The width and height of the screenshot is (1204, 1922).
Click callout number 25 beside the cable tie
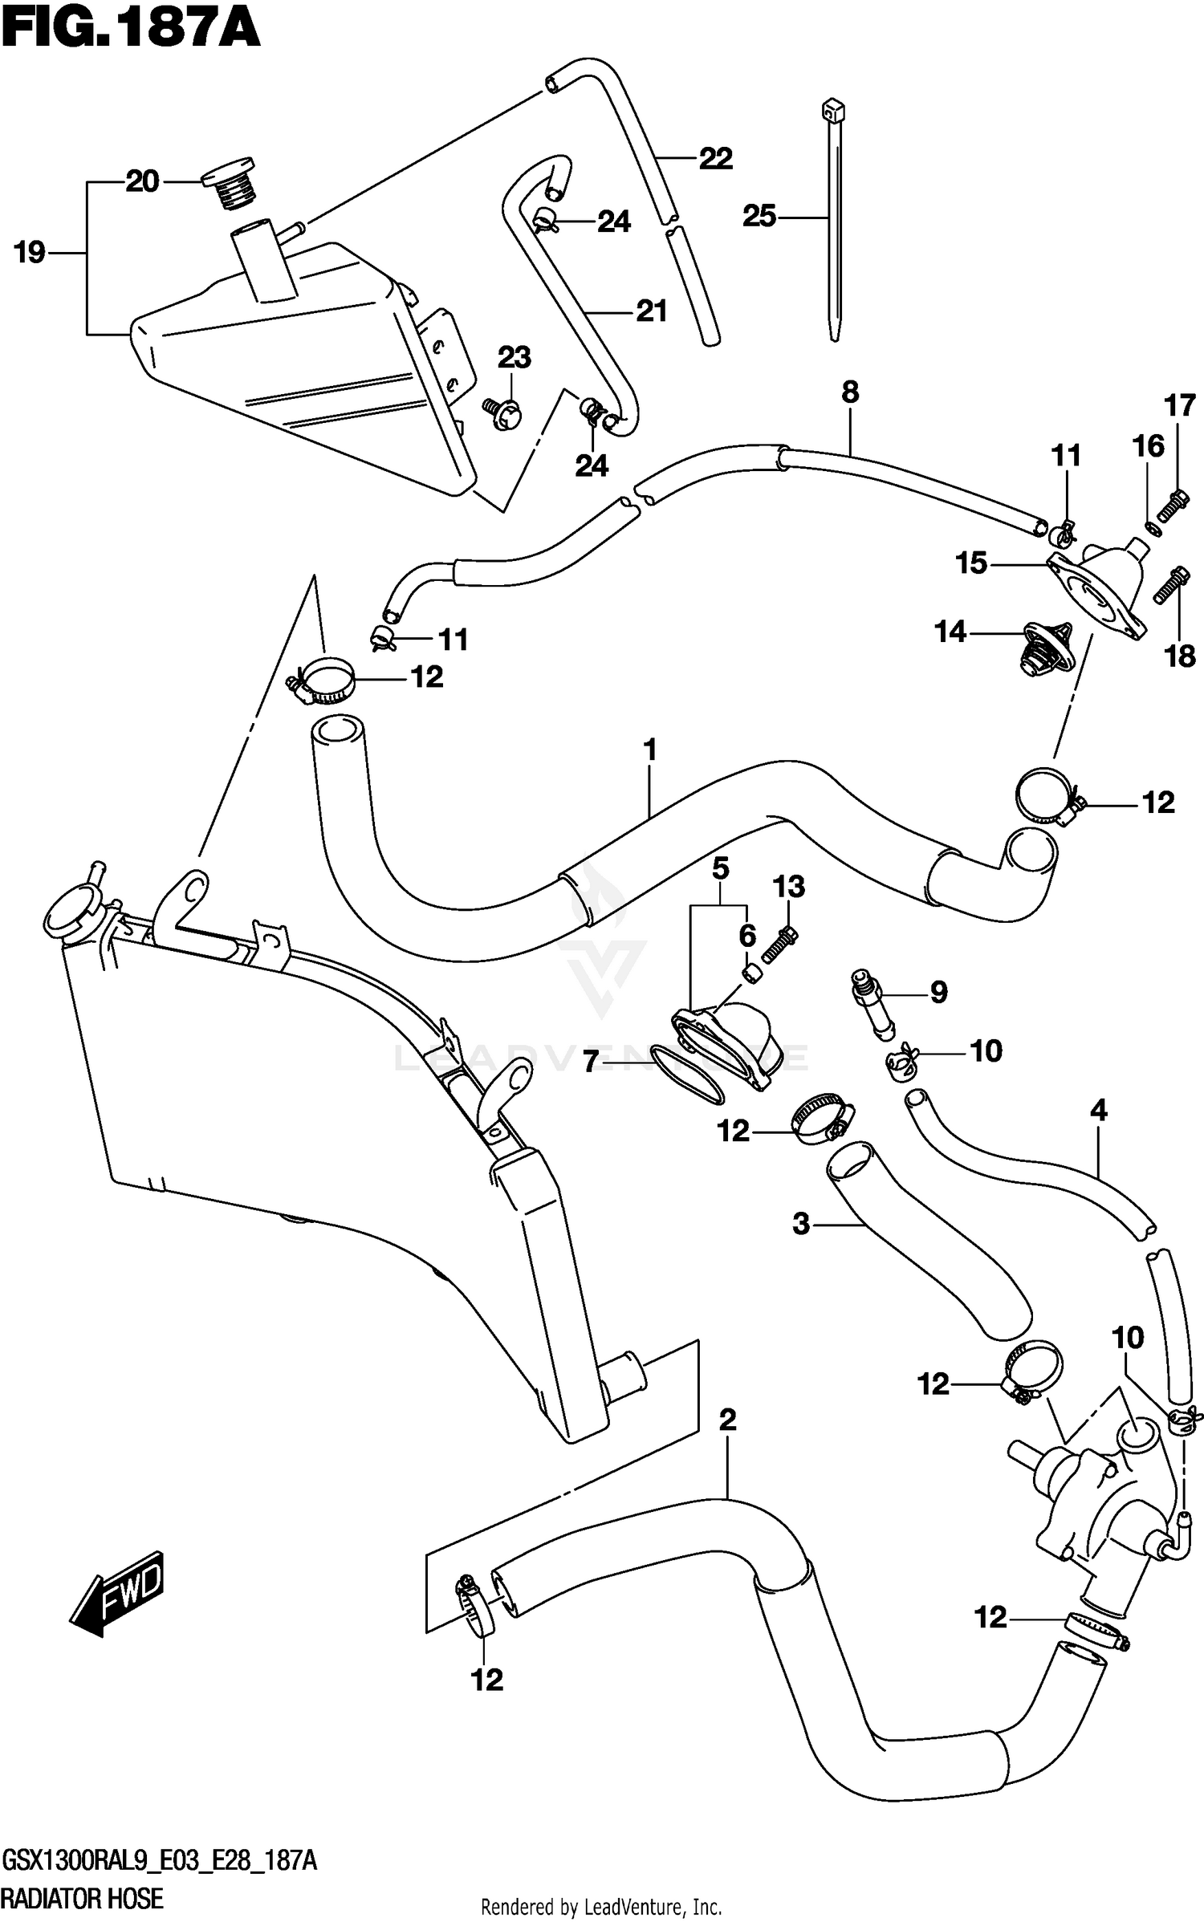(x=759, y=216)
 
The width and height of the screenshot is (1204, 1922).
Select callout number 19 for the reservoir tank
(x=30, y=253)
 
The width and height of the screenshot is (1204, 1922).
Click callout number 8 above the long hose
(x=850, y=392)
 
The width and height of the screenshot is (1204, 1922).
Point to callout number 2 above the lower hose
(x=726, y=1420)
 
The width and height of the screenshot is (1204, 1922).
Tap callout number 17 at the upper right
(x=1180, y=406)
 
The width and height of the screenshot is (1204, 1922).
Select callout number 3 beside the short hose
(x=800, y=1225)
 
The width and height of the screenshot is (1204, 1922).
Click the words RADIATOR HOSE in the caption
(x=83, y=1897)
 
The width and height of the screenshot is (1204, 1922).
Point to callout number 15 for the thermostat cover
(x=970, y=563)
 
